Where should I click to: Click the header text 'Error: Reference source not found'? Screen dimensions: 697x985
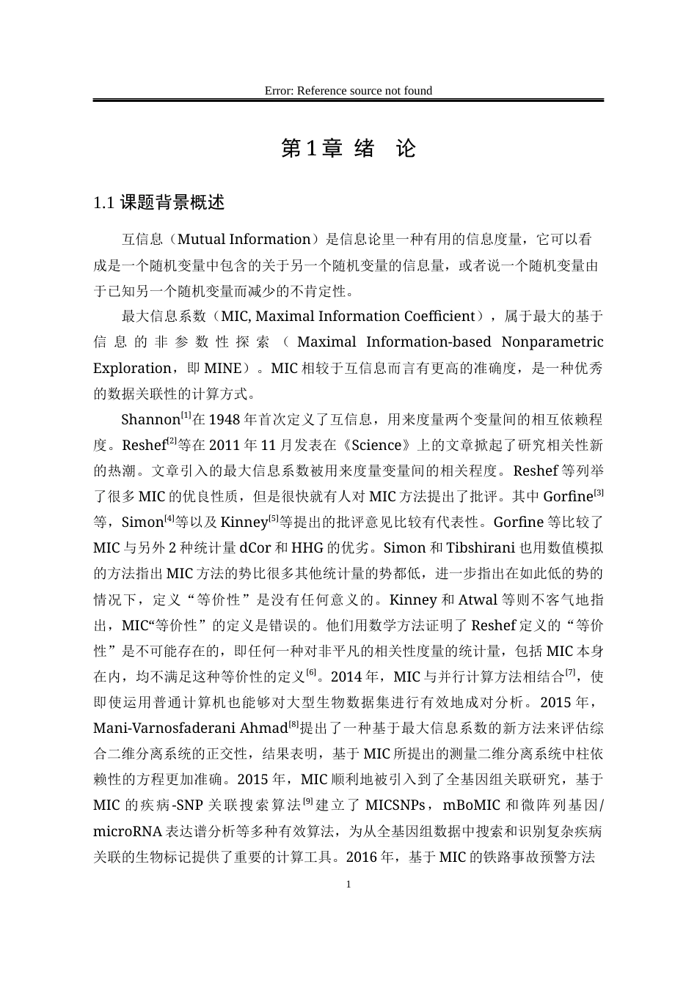click(348, 91)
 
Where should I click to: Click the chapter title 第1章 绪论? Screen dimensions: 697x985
click(348, 149)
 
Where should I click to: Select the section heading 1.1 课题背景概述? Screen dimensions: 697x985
click(159, 203)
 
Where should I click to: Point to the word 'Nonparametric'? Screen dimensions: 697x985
click(552, 342)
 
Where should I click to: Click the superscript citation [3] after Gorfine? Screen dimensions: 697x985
click(599, 492)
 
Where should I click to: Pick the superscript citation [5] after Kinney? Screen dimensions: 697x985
click(273, 519)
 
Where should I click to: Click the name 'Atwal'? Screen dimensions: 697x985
click(478, 600)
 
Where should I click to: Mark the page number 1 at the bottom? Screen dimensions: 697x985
click(348, 885)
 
